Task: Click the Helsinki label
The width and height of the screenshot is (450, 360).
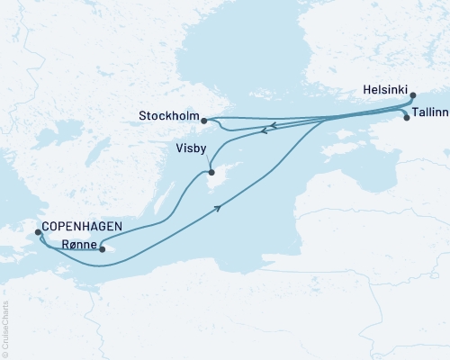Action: [x=387, y=91]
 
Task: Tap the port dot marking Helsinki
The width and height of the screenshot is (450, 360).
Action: [x=413, y=94]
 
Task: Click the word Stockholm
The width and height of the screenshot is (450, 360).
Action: [x=169, y=115]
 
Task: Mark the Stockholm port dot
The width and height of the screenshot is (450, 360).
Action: [x=205, y=120]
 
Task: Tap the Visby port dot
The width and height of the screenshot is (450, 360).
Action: [x=211, y=173]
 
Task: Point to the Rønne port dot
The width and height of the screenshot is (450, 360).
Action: [x=103, y=249]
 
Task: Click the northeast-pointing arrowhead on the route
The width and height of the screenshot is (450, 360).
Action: [x=217, y=208]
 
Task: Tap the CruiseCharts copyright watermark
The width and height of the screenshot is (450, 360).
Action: [x=5, y=328]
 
